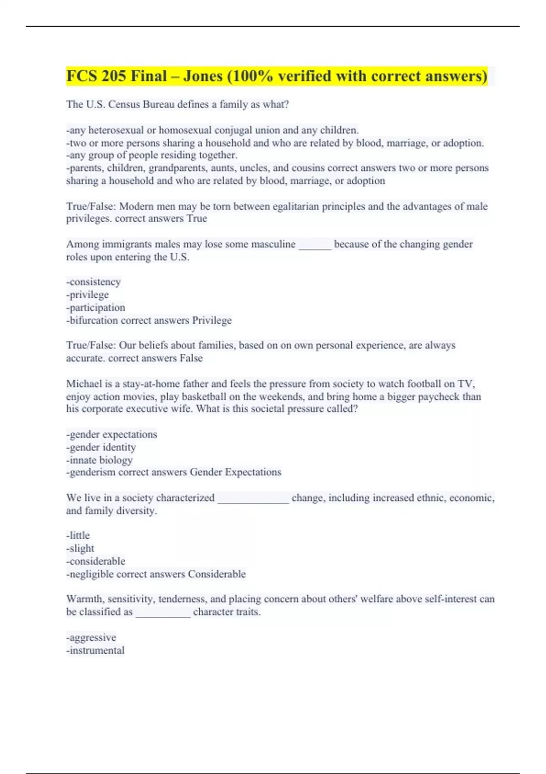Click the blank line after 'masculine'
tap(315, 245)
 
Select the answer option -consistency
tap(94, 282)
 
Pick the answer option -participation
tap(96, 307)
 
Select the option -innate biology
tap(100, 460)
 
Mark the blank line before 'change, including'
tap(253, 499)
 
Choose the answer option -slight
tap(81, 548)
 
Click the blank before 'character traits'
tap(163, 612)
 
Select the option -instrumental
tap(96, 650)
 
